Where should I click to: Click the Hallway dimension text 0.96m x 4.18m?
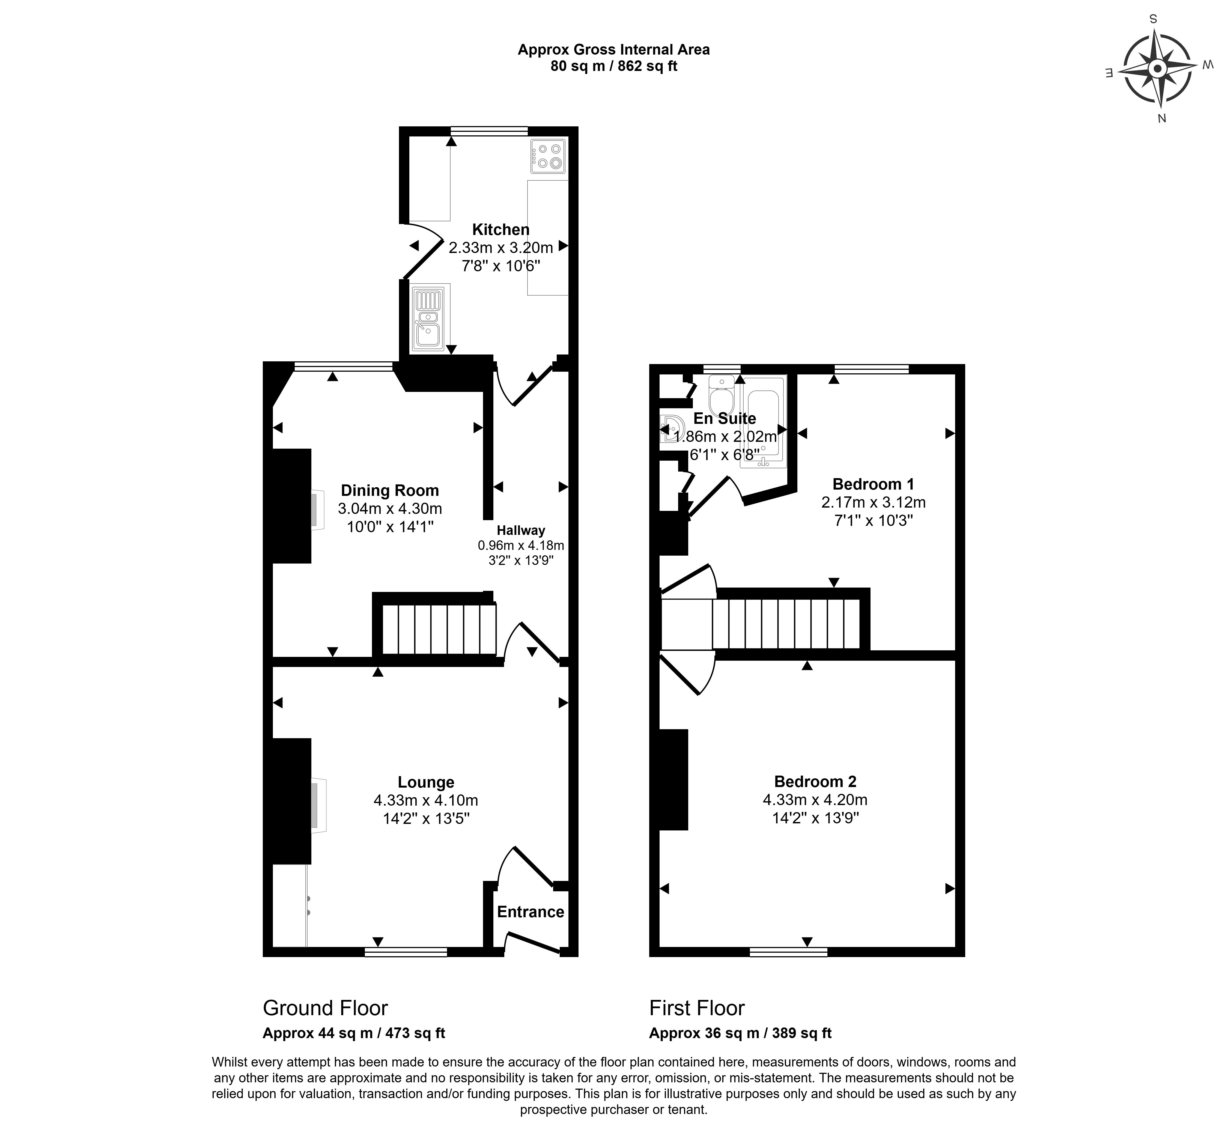[x=520, y=546]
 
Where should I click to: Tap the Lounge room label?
[x=425, y=782]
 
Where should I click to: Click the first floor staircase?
[x=785, y=623]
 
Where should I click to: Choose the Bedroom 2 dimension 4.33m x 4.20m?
[x=815, y=800]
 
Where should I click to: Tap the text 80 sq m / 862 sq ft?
[x=613, y=67]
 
